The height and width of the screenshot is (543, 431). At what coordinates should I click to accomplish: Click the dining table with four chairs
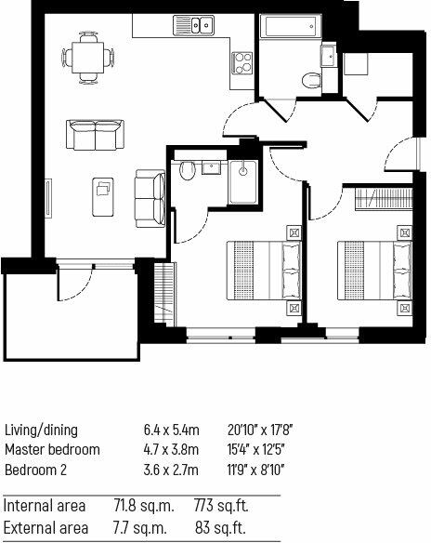90,58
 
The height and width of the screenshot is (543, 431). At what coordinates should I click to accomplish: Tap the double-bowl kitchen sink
194,25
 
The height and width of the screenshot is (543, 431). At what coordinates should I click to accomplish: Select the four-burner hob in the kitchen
243,64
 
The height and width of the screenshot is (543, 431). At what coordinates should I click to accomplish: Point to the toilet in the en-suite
187,169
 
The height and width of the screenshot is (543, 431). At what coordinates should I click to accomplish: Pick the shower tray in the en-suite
245,182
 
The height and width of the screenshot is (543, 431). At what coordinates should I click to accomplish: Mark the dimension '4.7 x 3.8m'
171,450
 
